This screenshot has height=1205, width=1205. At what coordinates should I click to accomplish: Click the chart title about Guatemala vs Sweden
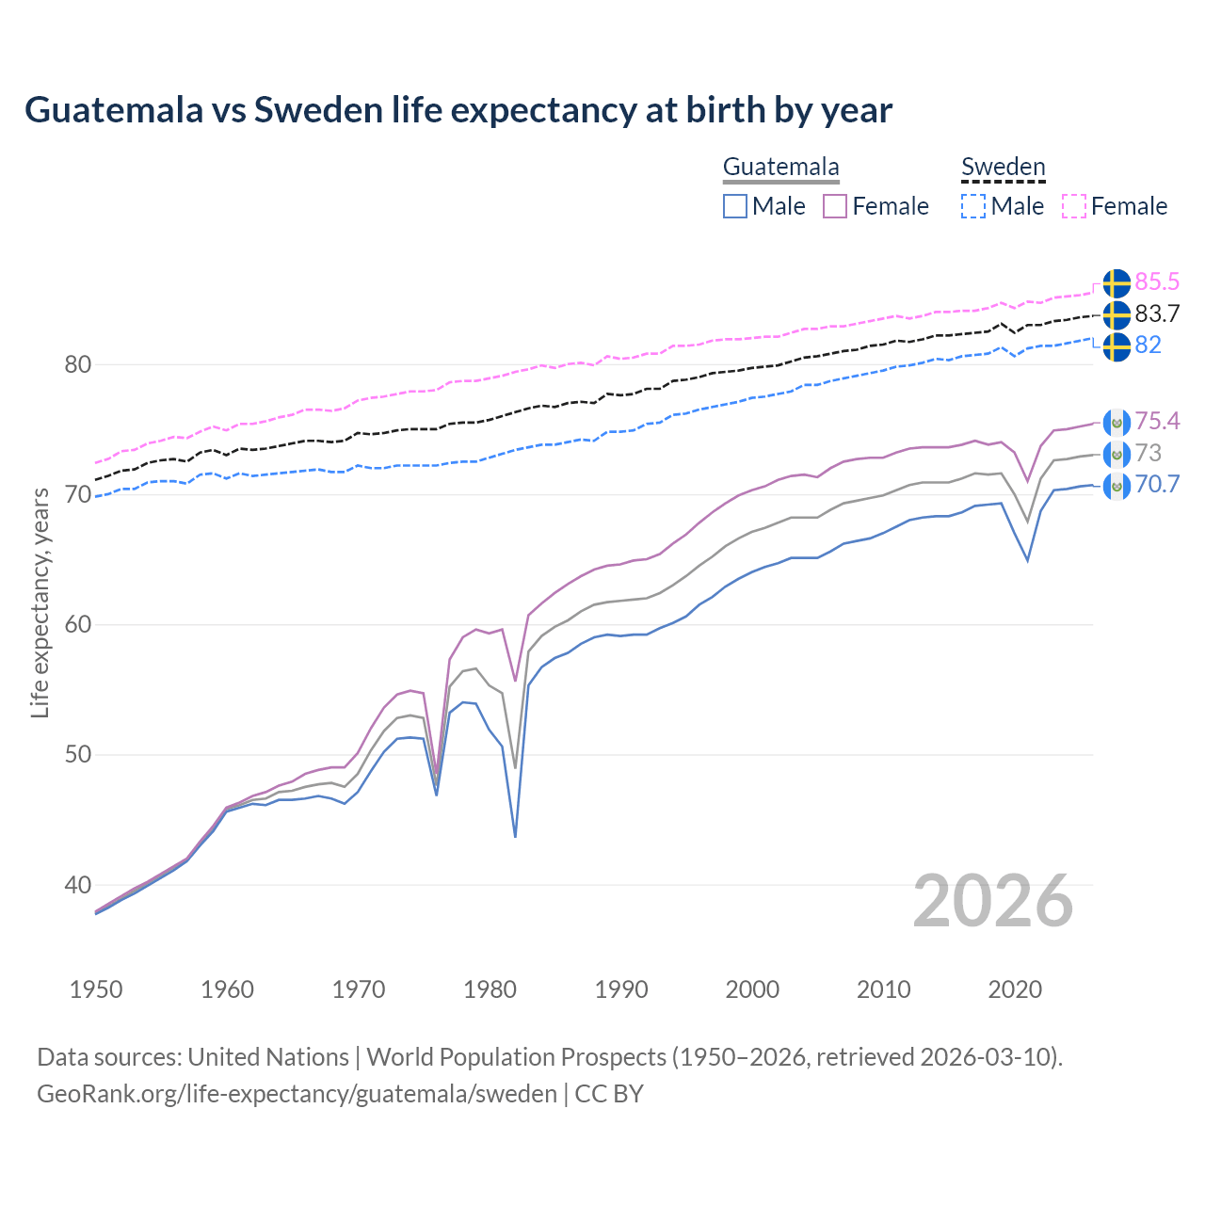(458, 110)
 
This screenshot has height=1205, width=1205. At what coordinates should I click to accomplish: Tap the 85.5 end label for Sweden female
(1157, 281)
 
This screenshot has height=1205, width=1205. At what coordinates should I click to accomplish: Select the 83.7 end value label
(1157, 313)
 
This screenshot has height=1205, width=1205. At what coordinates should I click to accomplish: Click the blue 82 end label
(1148, 345)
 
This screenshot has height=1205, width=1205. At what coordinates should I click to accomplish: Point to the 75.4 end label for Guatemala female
(1157, 421)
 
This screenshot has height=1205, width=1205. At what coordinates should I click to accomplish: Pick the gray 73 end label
(1148, 453)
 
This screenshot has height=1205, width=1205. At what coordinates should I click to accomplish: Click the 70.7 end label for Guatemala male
(1157, 485)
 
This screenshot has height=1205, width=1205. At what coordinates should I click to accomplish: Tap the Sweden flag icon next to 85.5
(1117, 282)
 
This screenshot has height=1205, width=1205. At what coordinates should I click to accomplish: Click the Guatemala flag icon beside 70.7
(1117, 486)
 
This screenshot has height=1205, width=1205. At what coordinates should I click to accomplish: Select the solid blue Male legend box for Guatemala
(735, 206)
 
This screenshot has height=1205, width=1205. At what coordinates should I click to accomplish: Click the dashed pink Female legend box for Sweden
(1074, 206)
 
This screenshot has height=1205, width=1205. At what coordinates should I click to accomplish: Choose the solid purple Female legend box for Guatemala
(835, 206)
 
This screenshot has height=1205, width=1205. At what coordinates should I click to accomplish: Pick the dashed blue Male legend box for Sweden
(973, 206)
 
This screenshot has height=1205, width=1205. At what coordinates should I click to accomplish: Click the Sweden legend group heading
(1003, 168)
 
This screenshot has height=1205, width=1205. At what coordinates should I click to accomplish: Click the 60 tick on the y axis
(77, 625)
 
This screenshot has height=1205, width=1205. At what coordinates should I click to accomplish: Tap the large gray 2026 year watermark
(992, 902)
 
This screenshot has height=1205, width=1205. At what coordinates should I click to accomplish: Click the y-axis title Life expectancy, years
(40, 602)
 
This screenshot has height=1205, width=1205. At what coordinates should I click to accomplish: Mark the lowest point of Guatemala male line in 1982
(515, 836)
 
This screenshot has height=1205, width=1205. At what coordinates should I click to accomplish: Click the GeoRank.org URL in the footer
(297, 1094)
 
